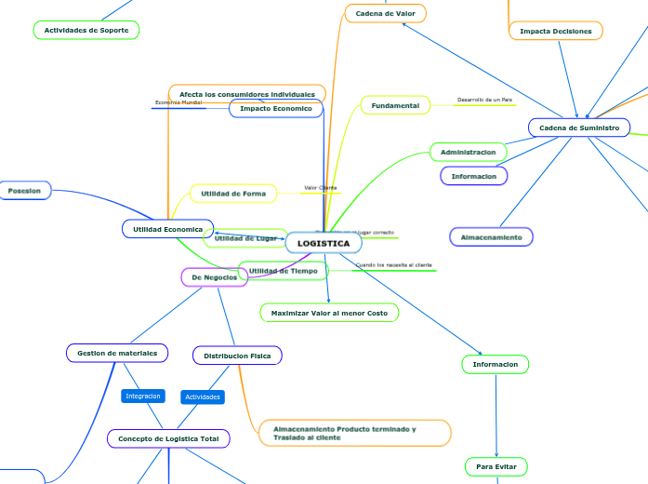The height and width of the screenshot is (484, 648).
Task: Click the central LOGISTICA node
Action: [x=324, y=243]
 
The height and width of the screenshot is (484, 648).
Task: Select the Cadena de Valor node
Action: [x=385, y=13]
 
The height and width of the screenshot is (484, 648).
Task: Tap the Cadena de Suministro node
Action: [x=578, y=127]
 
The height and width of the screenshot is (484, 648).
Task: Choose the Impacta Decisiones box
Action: [x=556, y=31]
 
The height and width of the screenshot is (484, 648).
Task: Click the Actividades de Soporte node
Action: [x=86, y=30]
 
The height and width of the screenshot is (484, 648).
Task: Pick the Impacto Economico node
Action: [x=276, y=109]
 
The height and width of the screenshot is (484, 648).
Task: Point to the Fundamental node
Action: [x=395, y=106]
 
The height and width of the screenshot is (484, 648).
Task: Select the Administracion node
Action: [x=469, y=151]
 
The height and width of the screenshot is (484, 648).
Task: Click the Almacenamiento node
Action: [x=492, y=237]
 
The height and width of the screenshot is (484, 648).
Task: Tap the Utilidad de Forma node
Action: [x=233, y=194]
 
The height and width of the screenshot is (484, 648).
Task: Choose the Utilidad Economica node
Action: [x=167, y=228]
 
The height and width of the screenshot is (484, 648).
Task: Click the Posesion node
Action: [x=24, y=191]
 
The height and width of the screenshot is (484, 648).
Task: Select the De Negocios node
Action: [x=214, y=277]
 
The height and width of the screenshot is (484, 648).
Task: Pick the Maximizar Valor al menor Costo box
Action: [x=329, y=313]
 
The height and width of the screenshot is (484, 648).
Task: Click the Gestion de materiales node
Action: [x=117, y=353]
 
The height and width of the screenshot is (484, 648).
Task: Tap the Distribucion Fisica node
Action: [x=237, y=355]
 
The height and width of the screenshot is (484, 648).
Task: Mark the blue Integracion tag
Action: [x=143, y=396]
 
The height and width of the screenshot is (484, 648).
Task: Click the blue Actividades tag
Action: [x=203, y=397]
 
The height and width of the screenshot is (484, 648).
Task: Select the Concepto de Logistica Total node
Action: [x=168, y=437]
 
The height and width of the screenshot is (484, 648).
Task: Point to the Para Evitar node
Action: [x=496, y=465]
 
